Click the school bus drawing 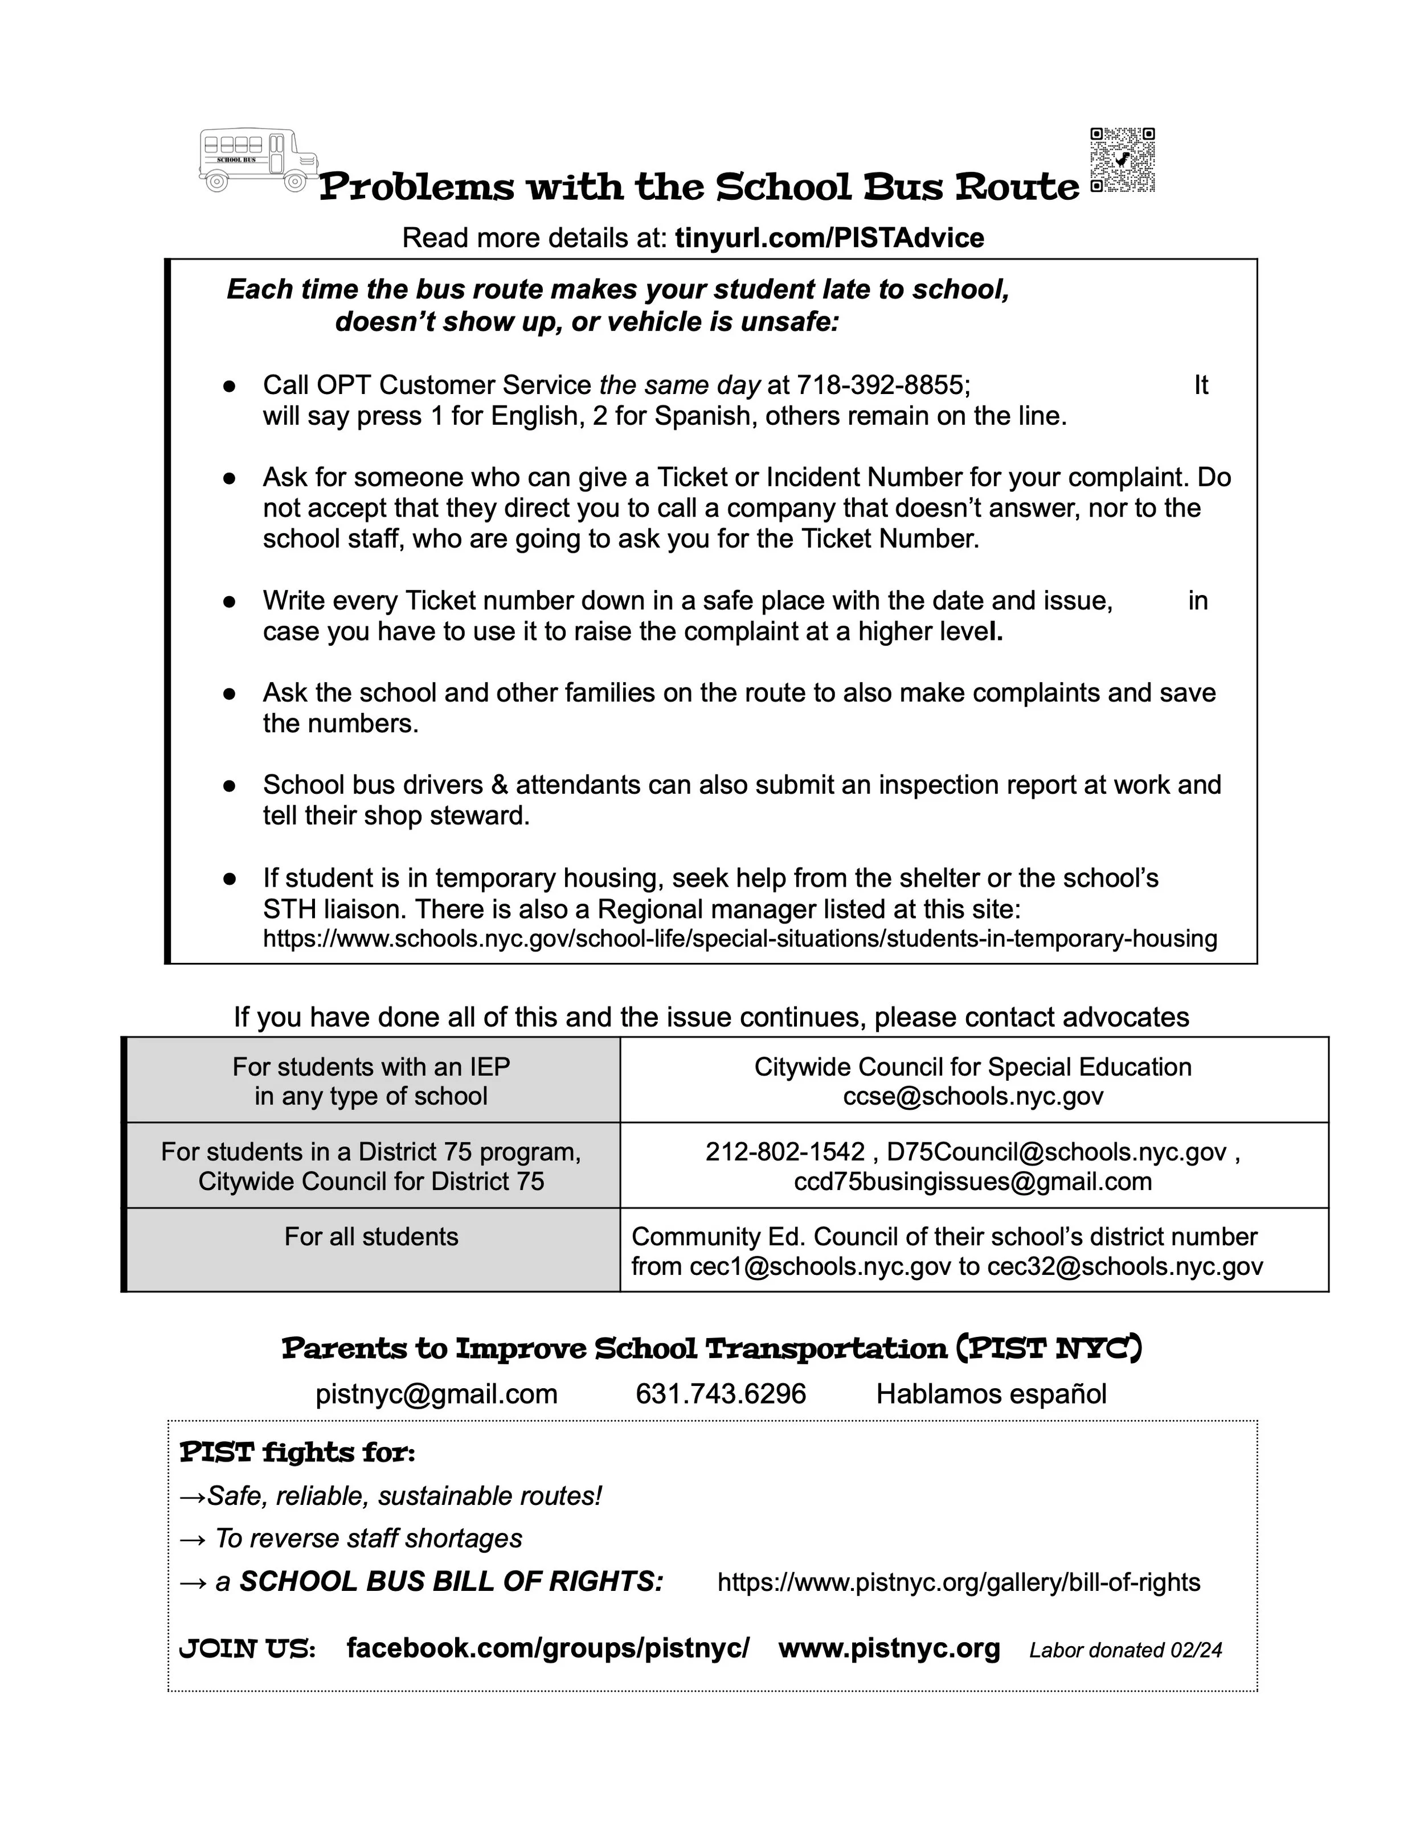point(258,158)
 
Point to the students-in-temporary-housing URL point(740,939)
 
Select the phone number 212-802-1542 point(784,1151)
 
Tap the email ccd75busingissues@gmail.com point(973,1181)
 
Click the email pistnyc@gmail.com point(436,1393)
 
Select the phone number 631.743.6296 point(721,1393)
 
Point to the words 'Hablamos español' point(991,1393)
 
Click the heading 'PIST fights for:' point(297,1453)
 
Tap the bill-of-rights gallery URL point(958,1582)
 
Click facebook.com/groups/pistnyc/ point(547,1647)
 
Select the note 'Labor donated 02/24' point(1126,1650)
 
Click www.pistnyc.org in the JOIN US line point(889,1647)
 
